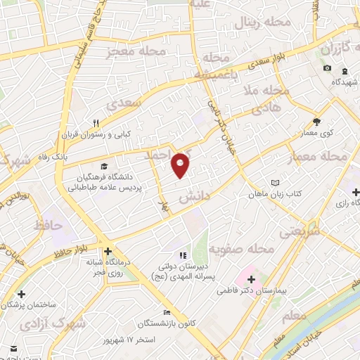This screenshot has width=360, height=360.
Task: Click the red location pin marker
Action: [x=181, y=165]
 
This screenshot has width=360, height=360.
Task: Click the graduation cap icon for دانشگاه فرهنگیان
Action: [x=104, y=167]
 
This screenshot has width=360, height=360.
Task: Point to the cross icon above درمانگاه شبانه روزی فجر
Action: [x=107, y=251]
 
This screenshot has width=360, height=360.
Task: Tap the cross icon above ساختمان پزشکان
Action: [x=22, y=294]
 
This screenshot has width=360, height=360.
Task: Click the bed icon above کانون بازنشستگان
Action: [x=166, y=312]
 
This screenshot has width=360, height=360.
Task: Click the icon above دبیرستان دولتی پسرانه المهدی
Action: [x=183, y=255]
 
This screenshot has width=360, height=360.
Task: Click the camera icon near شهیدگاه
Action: [x=327, y=67]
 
